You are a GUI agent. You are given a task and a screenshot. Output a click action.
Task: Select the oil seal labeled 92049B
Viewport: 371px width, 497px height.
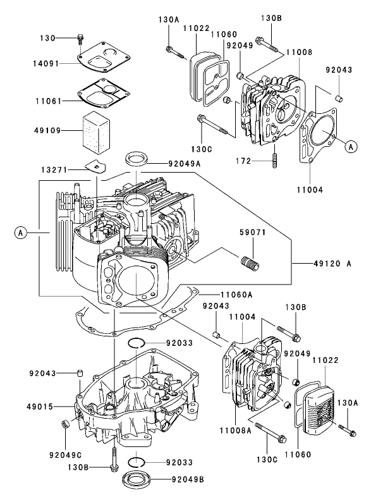[x=137, y=479]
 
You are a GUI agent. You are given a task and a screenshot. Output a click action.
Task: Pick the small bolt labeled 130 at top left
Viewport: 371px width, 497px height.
[x=78, y=39]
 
